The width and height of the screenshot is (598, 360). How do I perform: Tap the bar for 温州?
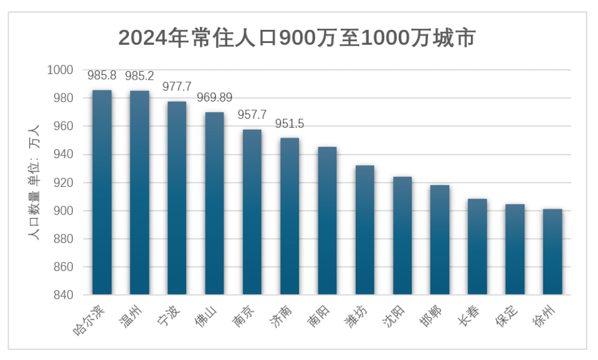tap(140, 192)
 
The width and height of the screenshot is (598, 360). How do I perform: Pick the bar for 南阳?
tap(327, 220)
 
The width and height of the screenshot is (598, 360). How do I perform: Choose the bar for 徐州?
tap(553, 252)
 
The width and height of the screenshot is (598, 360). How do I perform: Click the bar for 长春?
tap(477, 247)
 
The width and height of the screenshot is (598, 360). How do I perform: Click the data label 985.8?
tap(102, 76)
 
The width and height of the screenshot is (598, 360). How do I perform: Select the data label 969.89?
tap(214, 98)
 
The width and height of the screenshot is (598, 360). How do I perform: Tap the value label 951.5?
tap(290, 123)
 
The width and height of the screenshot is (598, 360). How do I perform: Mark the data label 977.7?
tap(177, 87)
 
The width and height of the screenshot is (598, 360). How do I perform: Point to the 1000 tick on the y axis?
tap(60, 70)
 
